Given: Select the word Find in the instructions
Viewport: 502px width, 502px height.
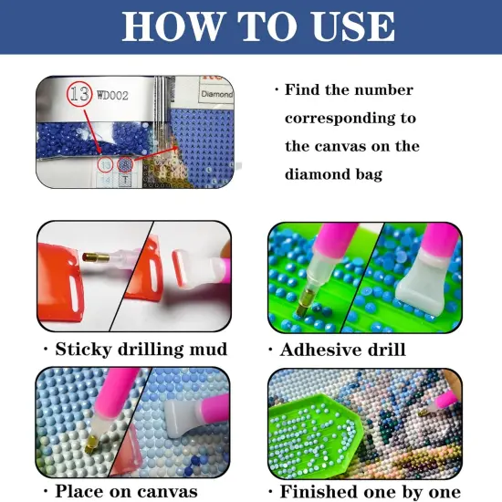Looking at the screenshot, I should (306, 90).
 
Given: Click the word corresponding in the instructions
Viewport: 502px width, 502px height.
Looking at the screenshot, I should (350, 119).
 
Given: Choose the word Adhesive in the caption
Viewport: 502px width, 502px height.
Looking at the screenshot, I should (320, 350).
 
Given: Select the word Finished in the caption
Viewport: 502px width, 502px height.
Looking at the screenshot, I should (323, 491).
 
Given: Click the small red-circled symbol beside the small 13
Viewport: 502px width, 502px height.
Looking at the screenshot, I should (124, 165).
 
